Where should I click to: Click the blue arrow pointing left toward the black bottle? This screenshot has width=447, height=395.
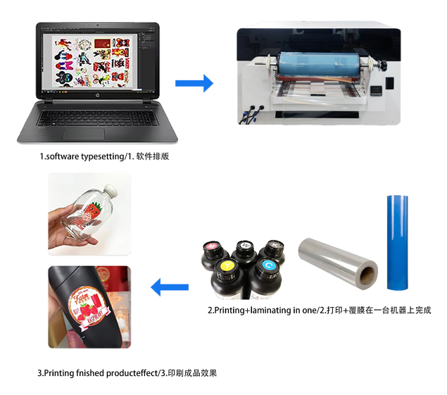(x=170, y=287)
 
